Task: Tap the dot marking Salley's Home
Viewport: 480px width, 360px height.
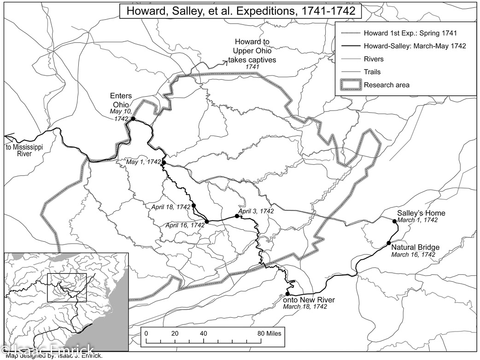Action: pos(395,221)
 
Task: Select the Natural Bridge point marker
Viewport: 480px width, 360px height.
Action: pos(389,243)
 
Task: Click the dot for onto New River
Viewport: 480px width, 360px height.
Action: pos(287,294)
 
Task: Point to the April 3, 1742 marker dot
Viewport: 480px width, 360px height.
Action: pos(237,215)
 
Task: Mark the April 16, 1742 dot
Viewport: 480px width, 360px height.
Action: pos(207,221)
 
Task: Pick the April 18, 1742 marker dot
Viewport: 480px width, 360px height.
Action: pos(193,205)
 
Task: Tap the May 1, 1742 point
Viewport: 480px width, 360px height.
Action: pos(164,163)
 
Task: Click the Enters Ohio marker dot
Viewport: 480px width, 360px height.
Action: pos(133,119)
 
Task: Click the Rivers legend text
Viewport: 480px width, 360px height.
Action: pos(373,59)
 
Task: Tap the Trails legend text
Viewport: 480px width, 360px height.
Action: pos(372,72)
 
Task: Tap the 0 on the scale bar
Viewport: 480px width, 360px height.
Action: pos(146,333)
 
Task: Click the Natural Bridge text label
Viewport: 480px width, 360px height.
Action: pos(415,247)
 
